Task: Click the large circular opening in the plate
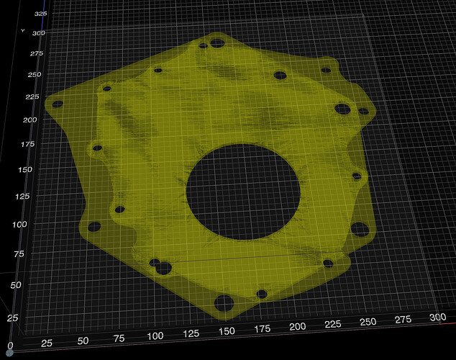pos(243,192)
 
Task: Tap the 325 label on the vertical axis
pos(40,14)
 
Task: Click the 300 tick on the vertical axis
pos(39,33)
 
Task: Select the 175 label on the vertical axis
pos(28,144)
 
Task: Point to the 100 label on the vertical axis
pos(19,225)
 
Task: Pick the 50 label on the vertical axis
pos(16,285)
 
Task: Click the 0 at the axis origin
pos(10,346)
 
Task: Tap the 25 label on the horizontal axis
pos(47,343)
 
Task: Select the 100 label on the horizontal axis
pos(155,336)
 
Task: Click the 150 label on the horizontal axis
pos(227,331)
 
